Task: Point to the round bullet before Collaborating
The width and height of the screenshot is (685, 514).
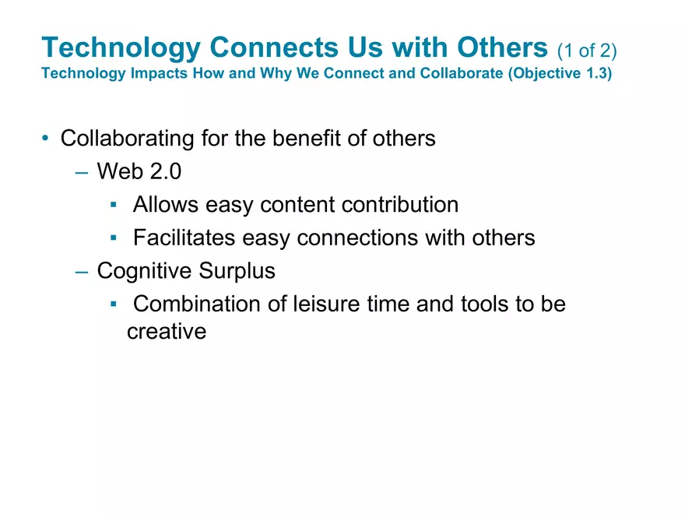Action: pyautogui.click(x=46, y=139)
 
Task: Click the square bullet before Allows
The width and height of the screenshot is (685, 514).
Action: pyautogui.click(x=114, y=205)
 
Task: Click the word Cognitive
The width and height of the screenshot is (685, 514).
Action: pyautogui.click(x=142, y=271)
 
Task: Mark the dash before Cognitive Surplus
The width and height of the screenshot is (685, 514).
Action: pyautogui.click(x=83, y=272)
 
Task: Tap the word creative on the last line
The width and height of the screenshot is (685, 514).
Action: pyautogui.click(x=167, y=332)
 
